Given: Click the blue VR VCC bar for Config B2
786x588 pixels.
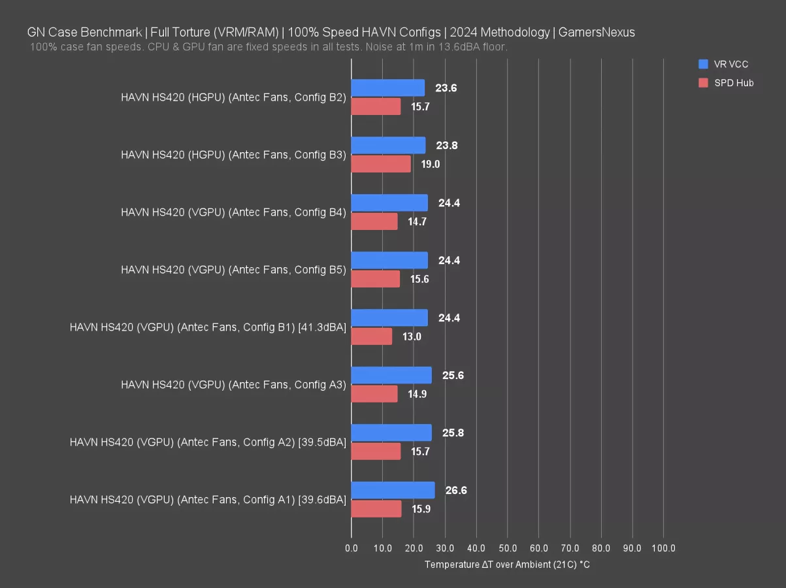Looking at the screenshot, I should [x=387, y=88].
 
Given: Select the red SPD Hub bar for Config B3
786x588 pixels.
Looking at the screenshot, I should [x=381, y=164].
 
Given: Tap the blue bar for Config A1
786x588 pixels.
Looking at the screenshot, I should [x=393, y=490].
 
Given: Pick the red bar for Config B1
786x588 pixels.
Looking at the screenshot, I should [x=371, y=336].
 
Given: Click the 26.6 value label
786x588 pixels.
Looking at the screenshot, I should [x=455, y=490].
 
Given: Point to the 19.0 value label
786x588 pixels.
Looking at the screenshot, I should [x=430, y=164].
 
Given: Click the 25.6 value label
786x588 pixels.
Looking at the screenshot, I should [x=452, y=375].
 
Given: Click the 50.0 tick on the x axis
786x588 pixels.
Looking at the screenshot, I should [x=507, y=547].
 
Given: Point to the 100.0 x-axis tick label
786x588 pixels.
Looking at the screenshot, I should [x=663, y=547].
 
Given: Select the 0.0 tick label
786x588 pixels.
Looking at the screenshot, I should [x=352, y=547].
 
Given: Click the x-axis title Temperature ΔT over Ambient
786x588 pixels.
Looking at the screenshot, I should [x=507, y=564].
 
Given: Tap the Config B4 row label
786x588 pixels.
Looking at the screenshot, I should [x=233, y=212].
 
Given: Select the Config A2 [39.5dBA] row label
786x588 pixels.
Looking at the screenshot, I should [x=208, y=442].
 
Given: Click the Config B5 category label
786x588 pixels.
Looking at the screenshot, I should [x=233, y=270].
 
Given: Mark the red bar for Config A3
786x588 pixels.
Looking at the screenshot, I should [x=374, y=394].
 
